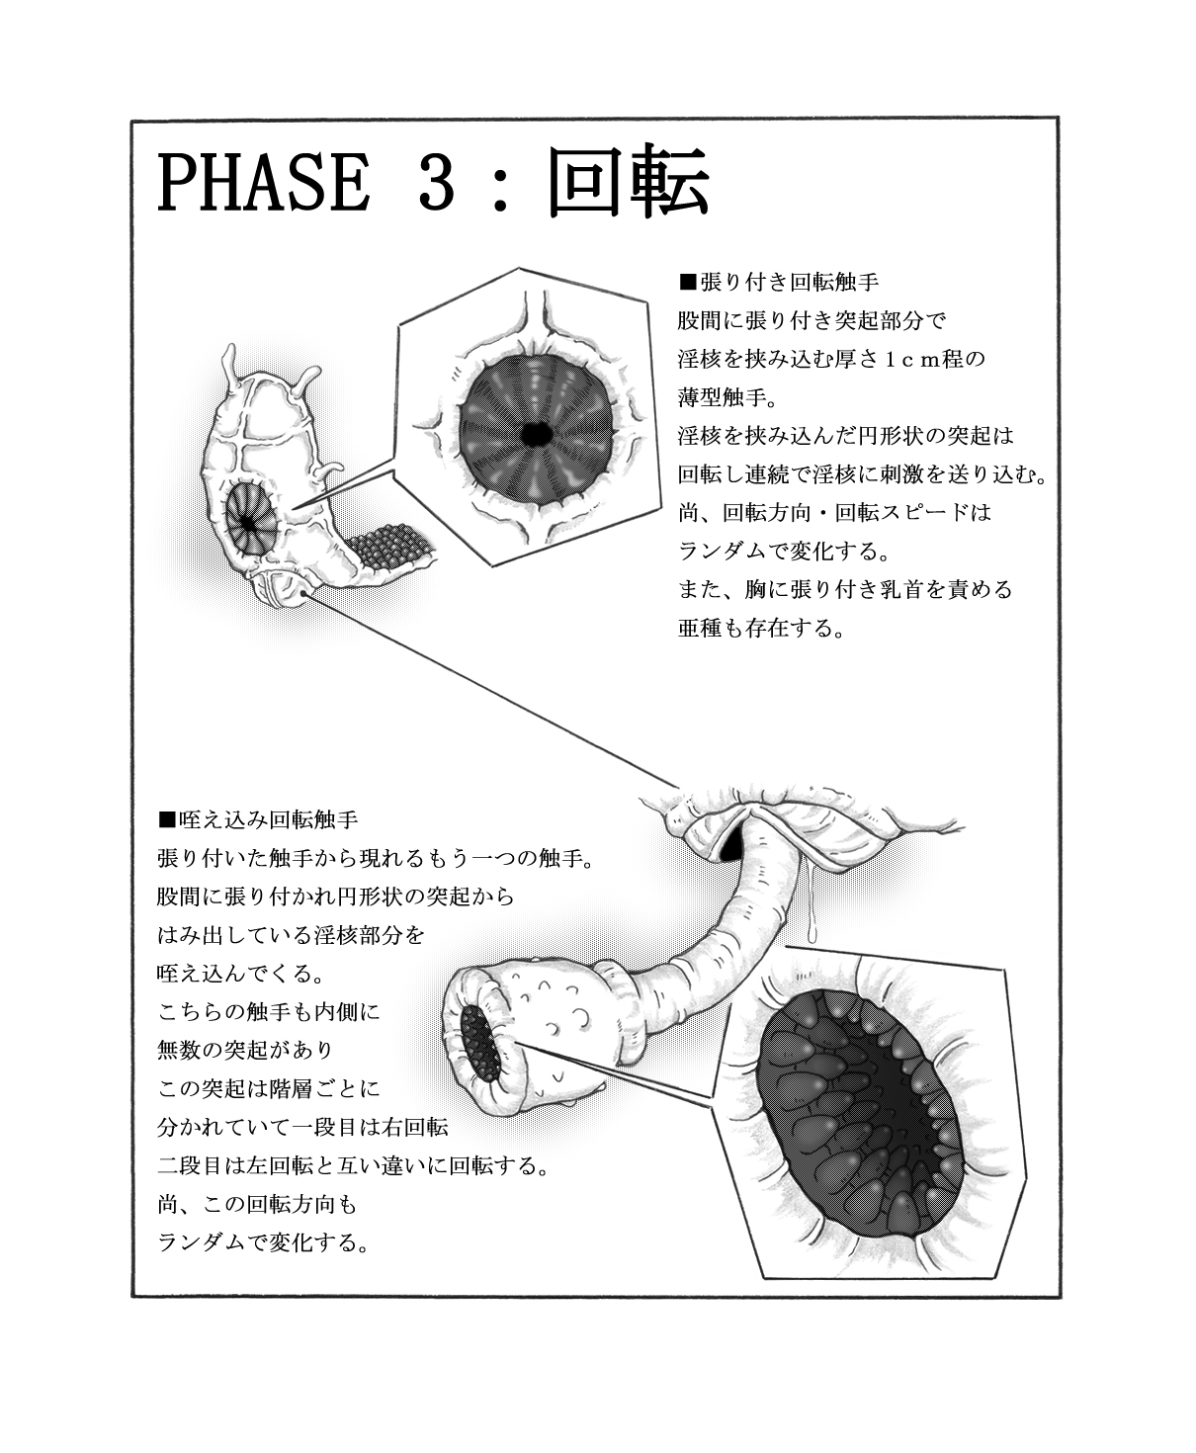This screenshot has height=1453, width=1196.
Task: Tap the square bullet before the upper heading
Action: pos(688,283)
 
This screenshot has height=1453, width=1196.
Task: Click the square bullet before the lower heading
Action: pos(166,819)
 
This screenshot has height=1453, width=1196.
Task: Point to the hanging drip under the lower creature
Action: pos(811,909)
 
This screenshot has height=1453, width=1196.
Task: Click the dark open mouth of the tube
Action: pos(479,1044)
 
